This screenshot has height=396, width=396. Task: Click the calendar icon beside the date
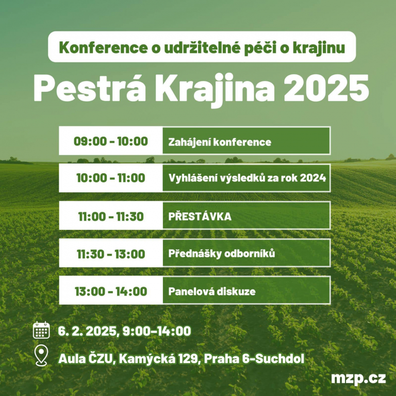click(41, 330)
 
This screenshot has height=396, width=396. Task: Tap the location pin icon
click(41, 355)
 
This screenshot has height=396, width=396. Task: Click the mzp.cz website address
click(358, 378)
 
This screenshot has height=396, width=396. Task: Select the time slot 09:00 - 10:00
click(111, 141)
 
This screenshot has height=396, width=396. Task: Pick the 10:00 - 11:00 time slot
click(111, 178)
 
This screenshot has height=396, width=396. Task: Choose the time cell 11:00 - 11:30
click(111, 217)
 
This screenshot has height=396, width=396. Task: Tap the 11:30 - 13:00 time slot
click(111, 254)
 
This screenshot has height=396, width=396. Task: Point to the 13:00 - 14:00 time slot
click(111, 291)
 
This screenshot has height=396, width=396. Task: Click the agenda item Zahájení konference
click(220, 142)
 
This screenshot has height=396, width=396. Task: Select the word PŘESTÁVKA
click(200, 217)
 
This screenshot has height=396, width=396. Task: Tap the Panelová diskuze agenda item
click(212, 291)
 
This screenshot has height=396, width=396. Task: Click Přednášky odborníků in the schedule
click(222, 254)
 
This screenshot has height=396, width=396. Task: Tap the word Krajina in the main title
click(215, 90)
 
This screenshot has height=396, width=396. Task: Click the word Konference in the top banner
click(103, 47)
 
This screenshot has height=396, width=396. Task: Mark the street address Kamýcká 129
click(159, 358)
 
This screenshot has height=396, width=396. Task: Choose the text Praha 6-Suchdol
click(254, 359)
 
